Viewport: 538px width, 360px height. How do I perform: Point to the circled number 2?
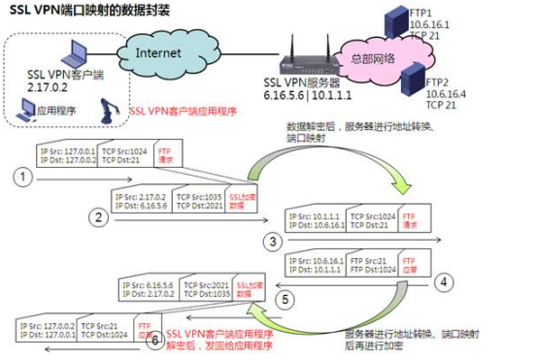click(97, 217)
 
